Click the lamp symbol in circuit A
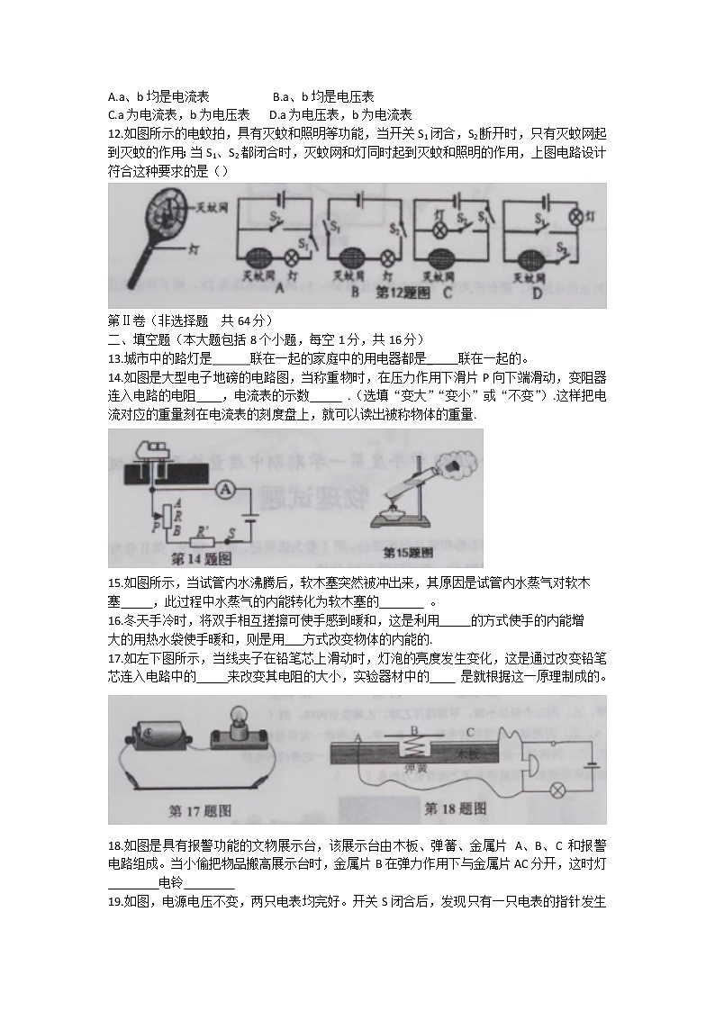point(291,255)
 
